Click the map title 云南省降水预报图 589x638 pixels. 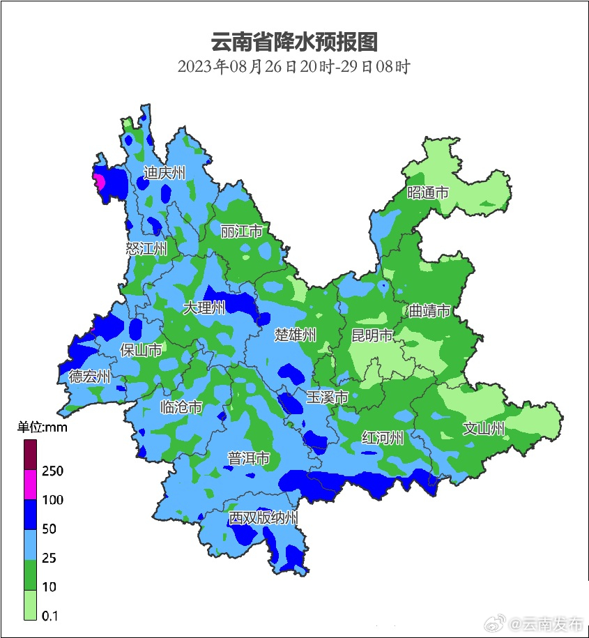(x=294, y=42)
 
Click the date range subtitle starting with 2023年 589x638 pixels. (x=293, y=67)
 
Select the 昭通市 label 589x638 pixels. (x=428, y=193)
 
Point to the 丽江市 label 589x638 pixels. (x=241, y=231)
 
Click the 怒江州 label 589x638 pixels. (x=146, y=249)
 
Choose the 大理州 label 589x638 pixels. (x=204, y=307)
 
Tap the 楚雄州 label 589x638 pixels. (x=295, y=335)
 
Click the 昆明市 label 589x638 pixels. (x=372, y=336)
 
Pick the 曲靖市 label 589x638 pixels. (x=429, y=311)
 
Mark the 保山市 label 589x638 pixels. (x=141, y=350)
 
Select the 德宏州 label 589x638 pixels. (x=89, y=377)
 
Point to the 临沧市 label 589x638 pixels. (x=181, y=407)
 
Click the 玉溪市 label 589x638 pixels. (x=327, y=397)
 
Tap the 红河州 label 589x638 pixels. (x=383, y=438)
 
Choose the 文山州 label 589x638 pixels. (x=484, y=429)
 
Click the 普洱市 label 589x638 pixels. (x=249, y=458)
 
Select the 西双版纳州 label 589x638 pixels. (x=264, y=519)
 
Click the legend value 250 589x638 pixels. (x=52, y=471)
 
